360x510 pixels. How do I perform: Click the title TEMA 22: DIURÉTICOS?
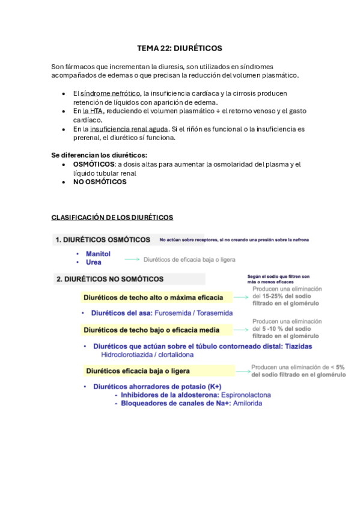click(x=179, y=48)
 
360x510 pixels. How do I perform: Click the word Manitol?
click(x=98, y=254)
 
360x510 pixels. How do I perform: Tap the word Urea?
click(x=93, y=262)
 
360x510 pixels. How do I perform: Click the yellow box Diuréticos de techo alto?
click(x=153, y=297)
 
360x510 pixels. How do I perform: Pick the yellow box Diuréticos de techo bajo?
click(x=151, y=330)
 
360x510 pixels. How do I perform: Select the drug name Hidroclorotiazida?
click(x=129, y=354)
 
